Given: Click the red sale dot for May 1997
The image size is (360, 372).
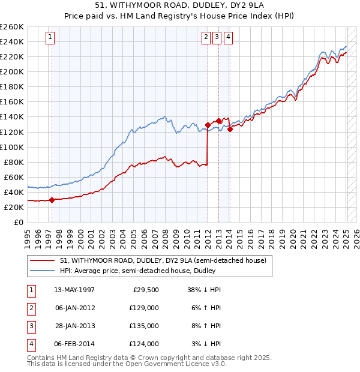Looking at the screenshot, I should (x=52, y=200).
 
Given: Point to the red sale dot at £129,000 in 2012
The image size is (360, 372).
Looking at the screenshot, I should (x=208, y=125).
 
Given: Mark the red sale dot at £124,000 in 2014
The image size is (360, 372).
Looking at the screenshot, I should (x=230, y=128).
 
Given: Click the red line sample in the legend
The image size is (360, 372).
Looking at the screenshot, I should (x=43, y=260).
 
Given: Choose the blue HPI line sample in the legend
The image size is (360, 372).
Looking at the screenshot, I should (x=43, y=271).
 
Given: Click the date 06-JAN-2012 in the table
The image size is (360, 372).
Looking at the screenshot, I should (x=75, y=308).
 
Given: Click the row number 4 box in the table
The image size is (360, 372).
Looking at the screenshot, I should (x=31, y=344).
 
